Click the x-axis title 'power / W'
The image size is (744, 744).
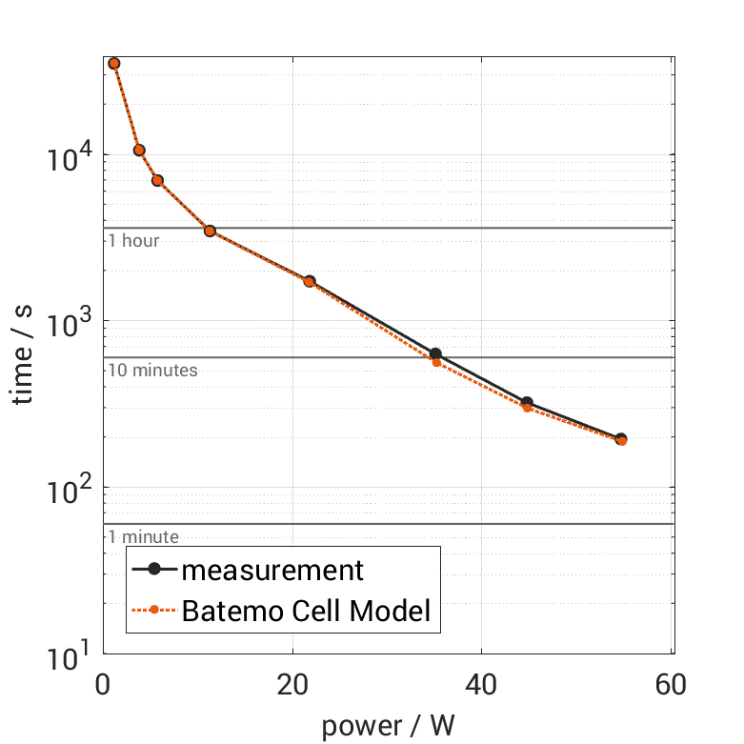388,726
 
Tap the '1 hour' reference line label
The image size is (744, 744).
133,241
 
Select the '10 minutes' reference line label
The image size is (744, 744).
152,370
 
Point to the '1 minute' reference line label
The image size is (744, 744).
143,537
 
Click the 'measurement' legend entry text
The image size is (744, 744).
272,570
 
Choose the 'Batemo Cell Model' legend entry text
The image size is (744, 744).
307,611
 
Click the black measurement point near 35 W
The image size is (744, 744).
435,353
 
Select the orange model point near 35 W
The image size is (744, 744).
436,362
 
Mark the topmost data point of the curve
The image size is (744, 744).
114,63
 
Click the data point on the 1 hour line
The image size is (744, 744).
210,231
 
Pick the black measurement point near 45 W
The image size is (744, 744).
527,403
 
